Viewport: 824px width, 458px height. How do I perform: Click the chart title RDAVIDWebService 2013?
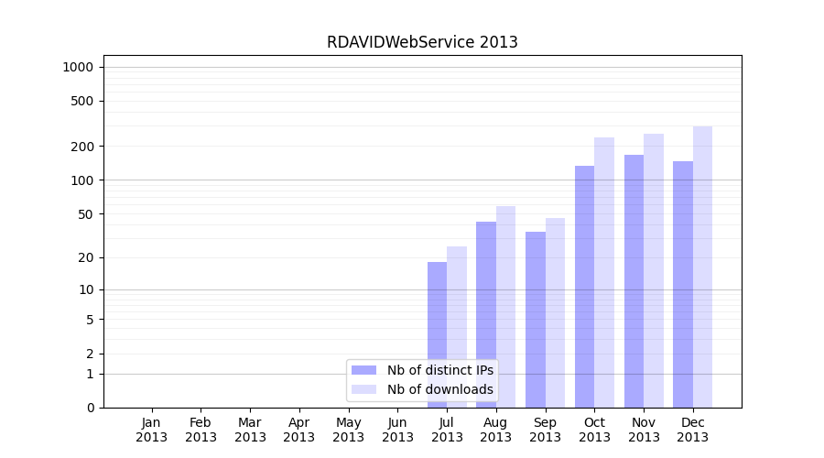click(x=422, y=42)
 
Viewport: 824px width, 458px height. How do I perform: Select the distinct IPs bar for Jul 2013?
click(x=437, y=334)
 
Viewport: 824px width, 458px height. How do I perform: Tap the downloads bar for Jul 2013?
click(x=457, y=327)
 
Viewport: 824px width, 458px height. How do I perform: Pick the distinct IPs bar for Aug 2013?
click(x=486, y=314)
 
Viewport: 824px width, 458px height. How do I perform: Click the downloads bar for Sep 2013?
click(x=555, y=312)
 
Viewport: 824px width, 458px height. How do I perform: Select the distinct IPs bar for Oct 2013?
click(x=584, y=286)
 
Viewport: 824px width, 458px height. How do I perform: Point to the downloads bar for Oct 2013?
click(x=604, y=272)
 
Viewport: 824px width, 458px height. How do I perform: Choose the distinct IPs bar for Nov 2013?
click(x=634, y=280)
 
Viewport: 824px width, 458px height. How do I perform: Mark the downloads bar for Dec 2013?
click(x=702, y=267)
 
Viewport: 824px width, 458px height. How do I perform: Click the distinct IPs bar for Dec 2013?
click(x=683, y=284)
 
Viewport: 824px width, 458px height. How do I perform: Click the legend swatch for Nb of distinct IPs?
click(x=364, y=370)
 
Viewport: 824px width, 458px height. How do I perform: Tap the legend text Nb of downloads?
click(x=440, y=389)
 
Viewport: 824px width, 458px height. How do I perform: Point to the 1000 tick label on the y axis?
click(x=78, y=67)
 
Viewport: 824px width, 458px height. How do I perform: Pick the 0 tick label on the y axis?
click(x=90, y=408)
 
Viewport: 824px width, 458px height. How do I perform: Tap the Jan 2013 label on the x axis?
click(x=152, y=430)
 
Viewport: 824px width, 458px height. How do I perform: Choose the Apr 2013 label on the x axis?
click(x=299, y=430)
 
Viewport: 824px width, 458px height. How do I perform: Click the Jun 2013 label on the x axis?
click(x=397, y=430)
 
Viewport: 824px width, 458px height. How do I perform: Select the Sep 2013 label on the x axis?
click(x=545, y=430)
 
